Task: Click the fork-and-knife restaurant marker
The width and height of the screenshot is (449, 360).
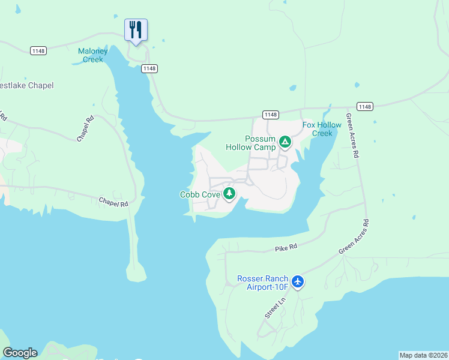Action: (x=136, y=29)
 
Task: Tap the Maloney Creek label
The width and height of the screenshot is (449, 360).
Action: (x=92, y=55)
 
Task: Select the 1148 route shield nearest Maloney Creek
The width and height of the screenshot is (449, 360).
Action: (x=149, y=68)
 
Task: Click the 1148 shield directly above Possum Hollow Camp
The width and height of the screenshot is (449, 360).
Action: (x=270, y=115)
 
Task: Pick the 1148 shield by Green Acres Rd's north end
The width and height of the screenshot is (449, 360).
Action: (x=364, y=106)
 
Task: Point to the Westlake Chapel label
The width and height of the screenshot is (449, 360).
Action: (x=26, y=85)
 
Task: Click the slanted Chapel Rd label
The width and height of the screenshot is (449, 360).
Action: (x=86, y=128)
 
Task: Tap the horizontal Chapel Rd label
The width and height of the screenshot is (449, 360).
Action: (x=113, y=203)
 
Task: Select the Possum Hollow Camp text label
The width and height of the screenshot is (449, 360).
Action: (x=251, y=143)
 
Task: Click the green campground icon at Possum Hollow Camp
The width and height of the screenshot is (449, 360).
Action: (x=285, y=142)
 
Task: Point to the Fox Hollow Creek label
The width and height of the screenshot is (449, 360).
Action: (x=322, y=129)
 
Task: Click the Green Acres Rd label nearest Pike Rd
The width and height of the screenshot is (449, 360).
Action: (x=354, y=236)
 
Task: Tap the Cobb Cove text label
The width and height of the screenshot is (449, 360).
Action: (x=200, y=194)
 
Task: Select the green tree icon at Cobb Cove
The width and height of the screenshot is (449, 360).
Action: (x=229, y=193)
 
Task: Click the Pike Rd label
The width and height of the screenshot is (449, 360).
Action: (x=286, y=248)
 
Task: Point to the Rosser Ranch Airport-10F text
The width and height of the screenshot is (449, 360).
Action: (x=264, y=283)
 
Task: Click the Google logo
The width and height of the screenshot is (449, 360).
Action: (x=20, y=353)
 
